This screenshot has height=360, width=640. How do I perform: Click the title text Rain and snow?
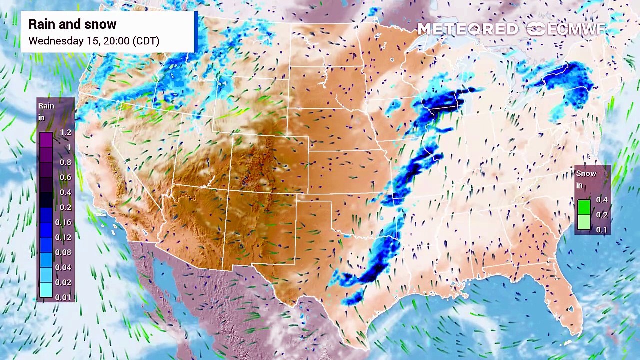(72, 24)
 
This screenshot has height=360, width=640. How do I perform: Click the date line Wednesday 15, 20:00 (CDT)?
(94, 41)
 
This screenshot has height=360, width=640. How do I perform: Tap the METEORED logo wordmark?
(468, 29)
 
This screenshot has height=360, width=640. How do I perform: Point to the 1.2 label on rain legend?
(65, 132)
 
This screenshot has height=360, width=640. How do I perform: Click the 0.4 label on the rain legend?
(65, 192)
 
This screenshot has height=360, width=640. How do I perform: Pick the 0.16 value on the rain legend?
(63, 222)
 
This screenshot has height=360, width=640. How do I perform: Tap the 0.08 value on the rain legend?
(63, 252)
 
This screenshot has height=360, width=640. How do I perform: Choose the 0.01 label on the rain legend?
(63, 297)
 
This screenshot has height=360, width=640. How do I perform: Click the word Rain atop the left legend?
(46, 106)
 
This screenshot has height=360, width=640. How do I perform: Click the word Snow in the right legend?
(586, 173)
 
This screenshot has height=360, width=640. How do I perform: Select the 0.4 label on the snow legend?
(601, 200)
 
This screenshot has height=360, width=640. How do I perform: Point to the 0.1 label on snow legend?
(601, 230)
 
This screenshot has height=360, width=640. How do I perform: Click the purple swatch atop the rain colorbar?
(46, 139)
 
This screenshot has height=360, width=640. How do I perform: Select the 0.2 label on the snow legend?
(601, 215)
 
